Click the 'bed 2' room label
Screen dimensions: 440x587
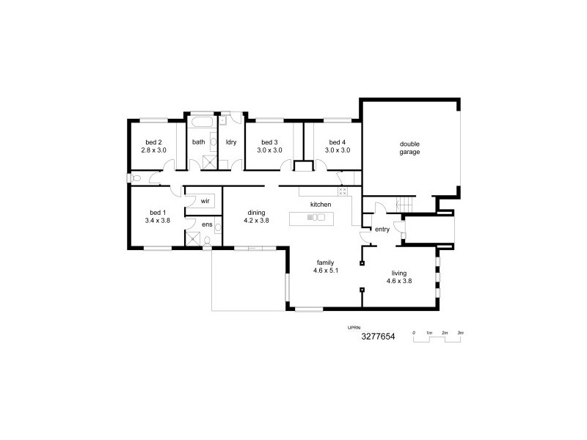tap(153, 142)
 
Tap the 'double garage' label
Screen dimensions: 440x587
tap(409, 147)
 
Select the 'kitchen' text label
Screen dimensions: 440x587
tap(321, 204)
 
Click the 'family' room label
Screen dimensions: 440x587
tap(325, 262)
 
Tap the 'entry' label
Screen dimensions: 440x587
tap(382, 230)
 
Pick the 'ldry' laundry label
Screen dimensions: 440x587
tap(230, 142)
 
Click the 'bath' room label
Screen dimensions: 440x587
tap(198, 142)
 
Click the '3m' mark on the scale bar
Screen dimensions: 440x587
tap(461, 332)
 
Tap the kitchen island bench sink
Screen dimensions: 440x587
tap(316, 217)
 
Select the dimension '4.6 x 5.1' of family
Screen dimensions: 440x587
tap(325, 270)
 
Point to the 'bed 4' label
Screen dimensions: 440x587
tap(337, 142)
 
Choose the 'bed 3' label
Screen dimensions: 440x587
tap(269, 142)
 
